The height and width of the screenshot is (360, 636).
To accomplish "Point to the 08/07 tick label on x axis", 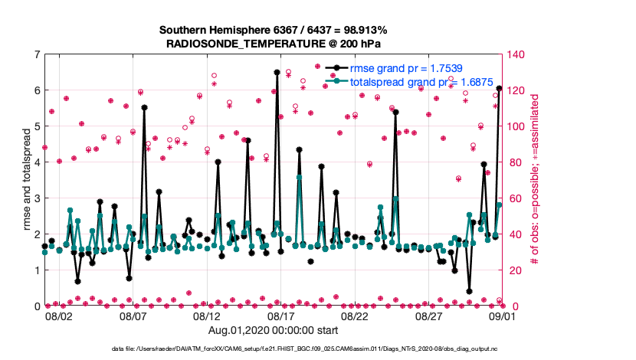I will point(133,316).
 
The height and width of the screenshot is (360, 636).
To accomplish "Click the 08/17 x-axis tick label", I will point(281,316).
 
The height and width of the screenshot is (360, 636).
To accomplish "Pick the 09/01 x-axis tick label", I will point(503,316).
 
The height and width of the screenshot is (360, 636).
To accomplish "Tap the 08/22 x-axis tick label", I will point(355,316).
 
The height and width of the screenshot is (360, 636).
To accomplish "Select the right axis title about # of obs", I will point(535,180).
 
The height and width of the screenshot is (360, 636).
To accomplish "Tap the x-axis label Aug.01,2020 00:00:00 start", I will point(273,330).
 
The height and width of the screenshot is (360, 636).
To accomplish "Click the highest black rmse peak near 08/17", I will point(277,72).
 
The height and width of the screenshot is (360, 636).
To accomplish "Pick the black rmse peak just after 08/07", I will point(144,108).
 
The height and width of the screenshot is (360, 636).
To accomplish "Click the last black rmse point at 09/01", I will point(499,89).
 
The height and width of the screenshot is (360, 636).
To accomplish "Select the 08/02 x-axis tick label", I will point(59,316).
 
